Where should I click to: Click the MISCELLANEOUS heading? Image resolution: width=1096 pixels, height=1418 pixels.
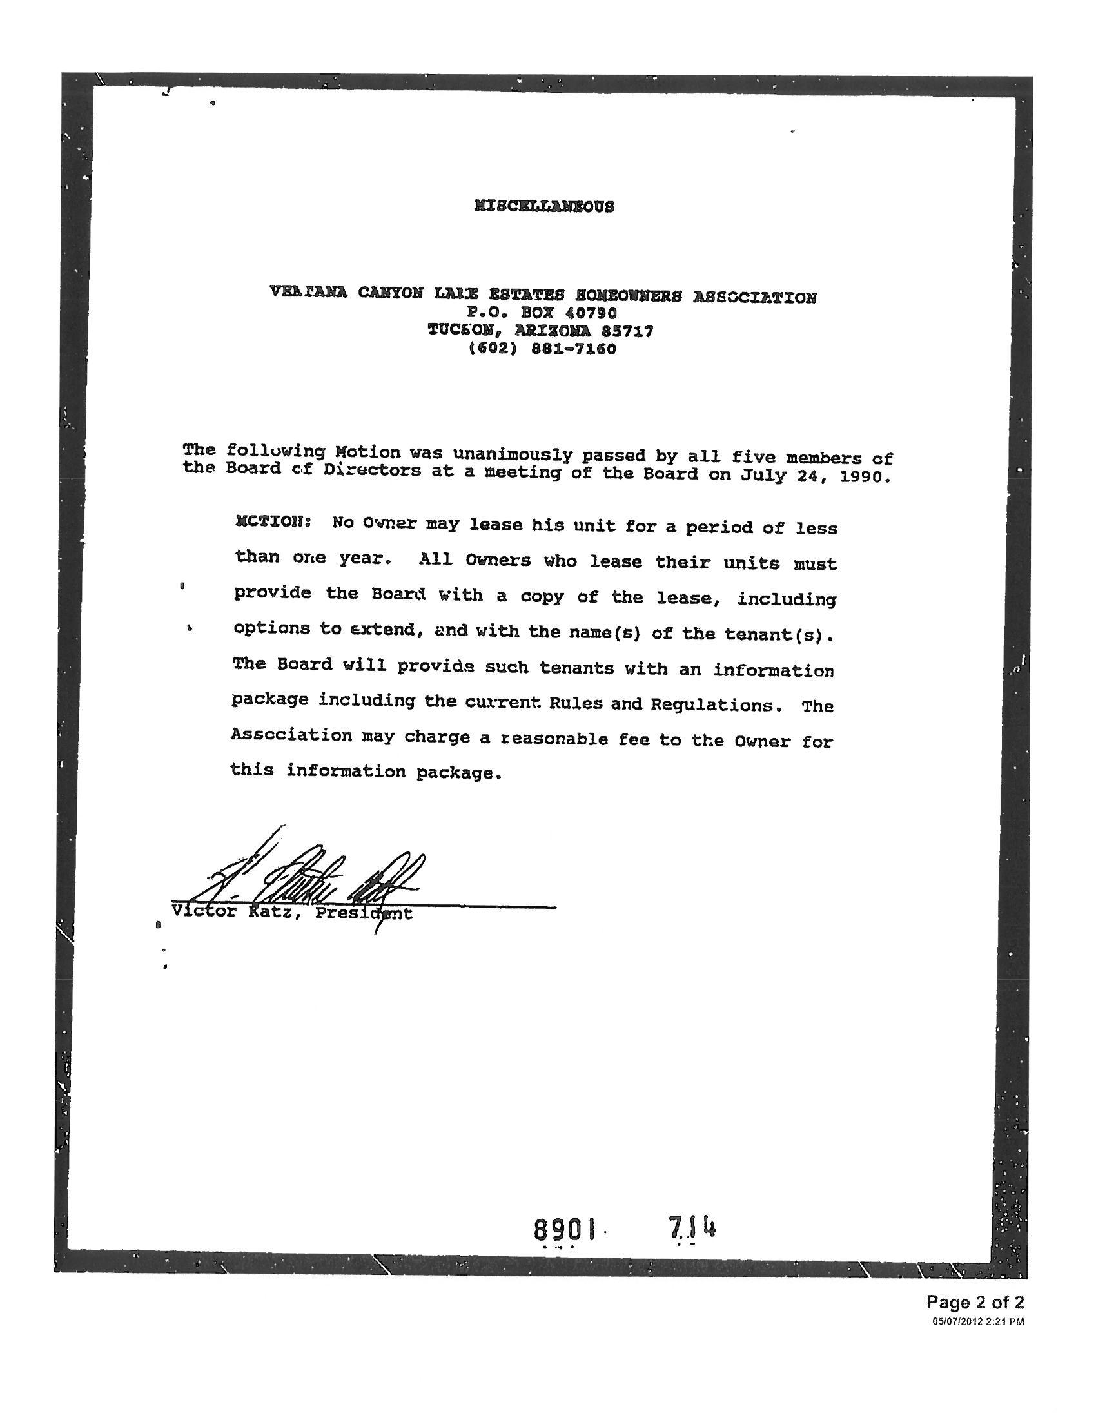pyautogui.click(x=544, y=206)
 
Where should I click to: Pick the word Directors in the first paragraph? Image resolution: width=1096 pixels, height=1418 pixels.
pyautogui.click(x=373, y=469)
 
